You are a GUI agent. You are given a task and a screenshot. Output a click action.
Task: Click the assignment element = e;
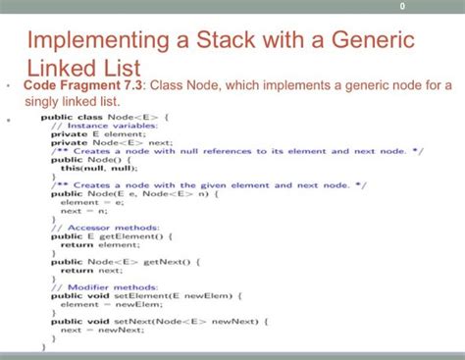(86, 202)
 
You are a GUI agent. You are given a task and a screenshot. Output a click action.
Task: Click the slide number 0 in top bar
(403, 9)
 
